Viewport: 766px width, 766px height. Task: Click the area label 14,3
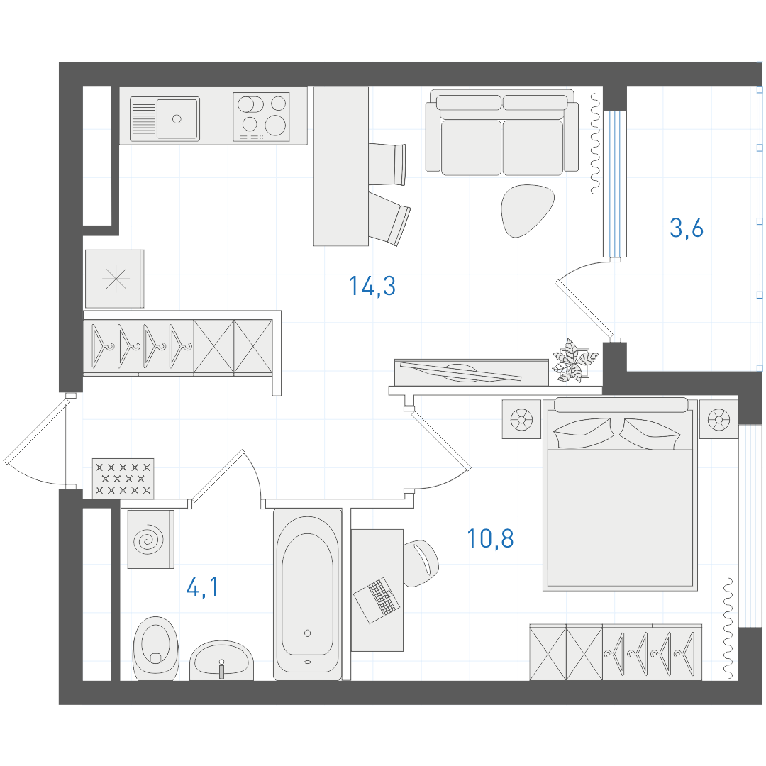tap(372, 287)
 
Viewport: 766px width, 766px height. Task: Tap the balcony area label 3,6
tap(687, 228)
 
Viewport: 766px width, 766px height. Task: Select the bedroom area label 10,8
tap(490, 539)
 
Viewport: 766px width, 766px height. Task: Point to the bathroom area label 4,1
tap(203, 587)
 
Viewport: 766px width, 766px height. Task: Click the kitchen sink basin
tap(177, 118)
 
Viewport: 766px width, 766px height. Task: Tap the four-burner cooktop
tap(261, 117)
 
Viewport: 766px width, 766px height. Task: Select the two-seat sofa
tap(501, 133)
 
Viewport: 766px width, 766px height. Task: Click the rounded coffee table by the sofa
tap(526, 210)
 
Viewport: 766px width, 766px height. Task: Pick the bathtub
tap(307, 594)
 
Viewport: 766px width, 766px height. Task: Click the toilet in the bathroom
tap(156, 648)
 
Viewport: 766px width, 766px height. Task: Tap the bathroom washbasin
tap(221, 660)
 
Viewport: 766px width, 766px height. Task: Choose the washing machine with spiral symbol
tap(151, 539)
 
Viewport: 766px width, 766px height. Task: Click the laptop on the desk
tap(377, 600)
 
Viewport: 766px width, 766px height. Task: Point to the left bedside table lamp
tap(522, 419)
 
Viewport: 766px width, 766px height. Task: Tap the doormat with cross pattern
tap(123, 478)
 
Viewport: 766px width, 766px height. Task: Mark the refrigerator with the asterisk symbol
tap(115, 279)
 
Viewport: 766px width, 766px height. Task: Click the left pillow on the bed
tap(583, 433)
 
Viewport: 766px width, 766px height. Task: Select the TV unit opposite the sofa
tap(472, 373)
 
